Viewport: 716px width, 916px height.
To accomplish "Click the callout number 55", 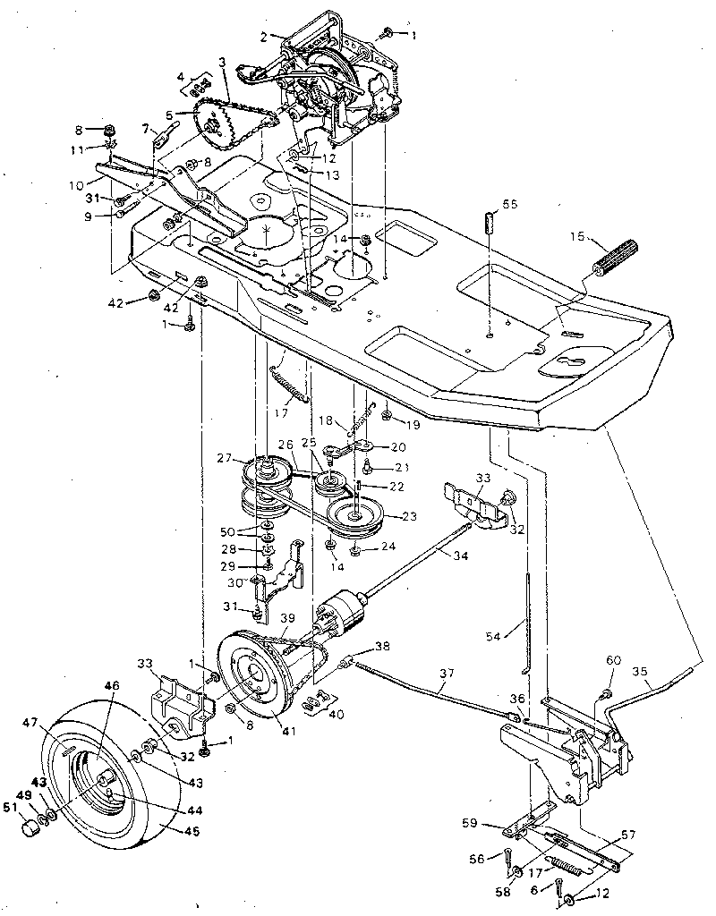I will pos(509,204).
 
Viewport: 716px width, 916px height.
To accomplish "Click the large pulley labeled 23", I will pos(355,515).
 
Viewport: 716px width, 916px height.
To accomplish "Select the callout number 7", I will pos(145,129).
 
